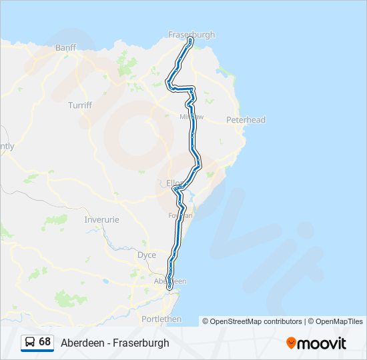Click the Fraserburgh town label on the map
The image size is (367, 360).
[x=192, y=35]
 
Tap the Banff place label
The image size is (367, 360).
[x=66, y=48]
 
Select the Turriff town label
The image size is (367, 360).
[x=80, y=105]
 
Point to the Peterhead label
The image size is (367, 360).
[x=246, y=120]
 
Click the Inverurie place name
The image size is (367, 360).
[x=101, y=219]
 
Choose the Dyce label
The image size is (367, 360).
[x=146, y=255]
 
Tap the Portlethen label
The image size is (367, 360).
[x=161, y=319]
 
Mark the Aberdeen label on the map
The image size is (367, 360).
[x=169, y=281]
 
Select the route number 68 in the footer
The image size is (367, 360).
[x=45, y=341]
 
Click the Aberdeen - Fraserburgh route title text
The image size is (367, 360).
[x=115, y=343]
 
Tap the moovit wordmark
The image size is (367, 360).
[x=322, y=343]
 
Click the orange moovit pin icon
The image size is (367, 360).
[x=291, y=343]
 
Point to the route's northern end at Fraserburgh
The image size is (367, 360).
[x=191, y=41]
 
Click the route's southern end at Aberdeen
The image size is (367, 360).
[x=169, y=288]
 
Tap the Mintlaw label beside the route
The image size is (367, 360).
[x=192, y=117]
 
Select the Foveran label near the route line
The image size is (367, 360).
[x=181, y=215]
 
